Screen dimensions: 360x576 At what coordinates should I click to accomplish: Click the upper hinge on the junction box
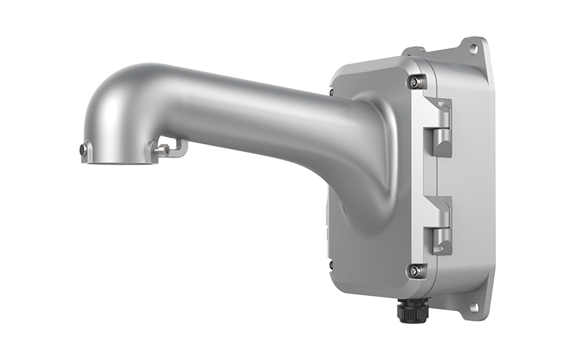click(440, 125)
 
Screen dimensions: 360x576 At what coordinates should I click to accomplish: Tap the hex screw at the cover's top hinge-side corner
click(415, 82)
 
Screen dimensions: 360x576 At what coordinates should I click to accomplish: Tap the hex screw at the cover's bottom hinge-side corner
click(414, 270)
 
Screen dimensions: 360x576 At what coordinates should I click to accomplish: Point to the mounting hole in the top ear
click(473, 50)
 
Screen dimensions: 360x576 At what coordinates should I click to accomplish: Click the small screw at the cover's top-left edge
click(331, 92)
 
